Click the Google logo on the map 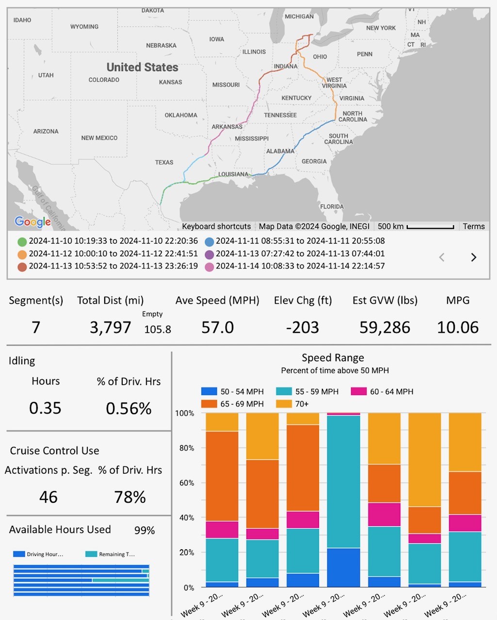point(32,222)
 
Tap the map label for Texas point(164,162)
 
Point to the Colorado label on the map point(104,80)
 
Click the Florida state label point(332,206)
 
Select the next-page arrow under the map point(474,257)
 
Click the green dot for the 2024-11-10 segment point(22,241)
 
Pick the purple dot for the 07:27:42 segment point(209,254)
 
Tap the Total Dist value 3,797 point(111,327)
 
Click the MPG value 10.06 point(458,327)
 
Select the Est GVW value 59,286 point(385,327)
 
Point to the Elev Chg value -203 point(303,327)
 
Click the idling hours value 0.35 point(45,408)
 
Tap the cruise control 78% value point(130,497)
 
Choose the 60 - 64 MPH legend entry point(383,391)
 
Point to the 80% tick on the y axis point(184,448)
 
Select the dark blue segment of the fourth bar point(344,567)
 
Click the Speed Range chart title point(333,358)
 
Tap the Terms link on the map point(473,226)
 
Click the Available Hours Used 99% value point(144,530)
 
